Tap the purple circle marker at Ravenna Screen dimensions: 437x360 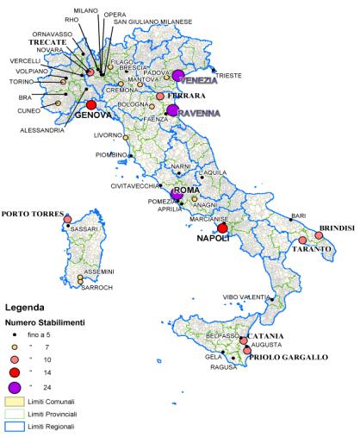(173, 110)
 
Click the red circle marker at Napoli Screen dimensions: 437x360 (223, 228)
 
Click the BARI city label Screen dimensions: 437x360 (298, 215)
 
